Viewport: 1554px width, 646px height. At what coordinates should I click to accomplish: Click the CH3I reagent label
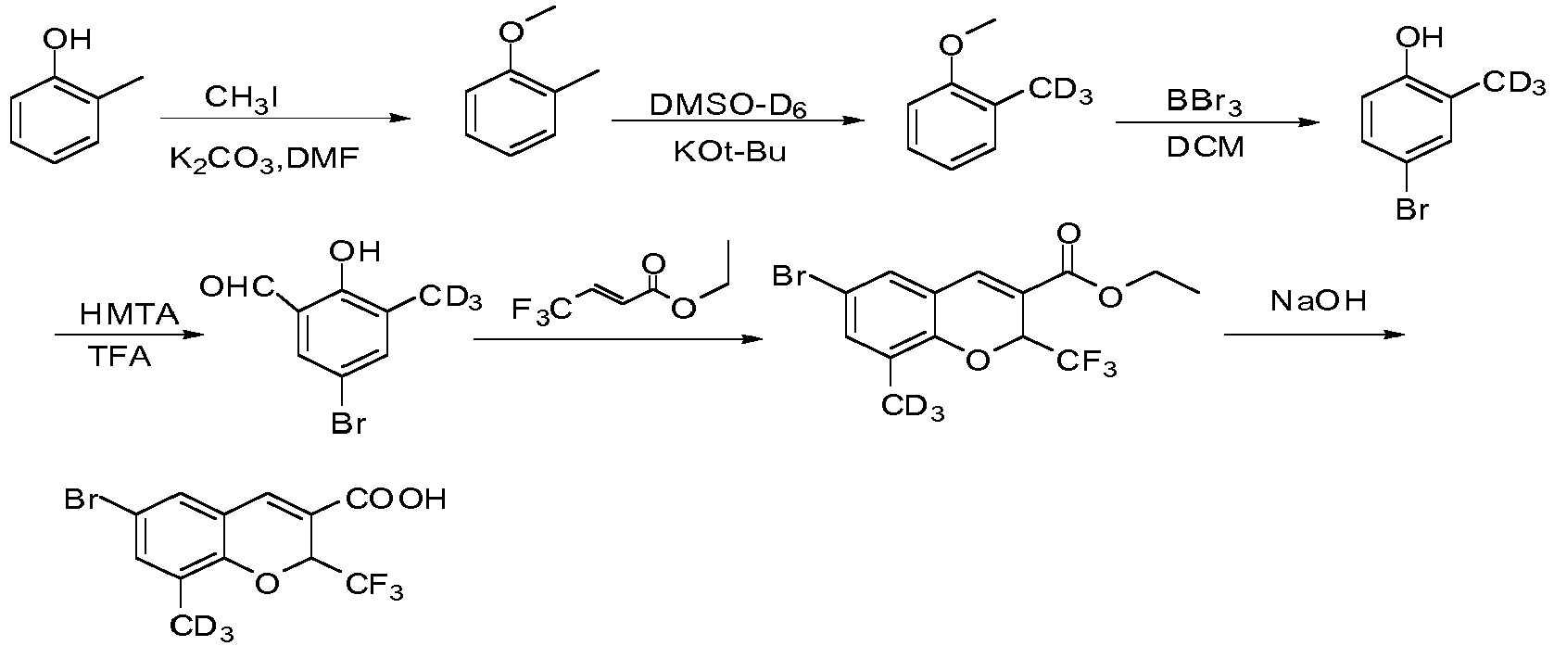coord(242,98)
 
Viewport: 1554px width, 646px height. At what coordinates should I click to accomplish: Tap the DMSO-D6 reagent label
coord(728,106)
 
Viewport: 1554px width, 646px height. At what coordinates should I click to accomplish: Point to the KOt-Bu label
coord(730,151)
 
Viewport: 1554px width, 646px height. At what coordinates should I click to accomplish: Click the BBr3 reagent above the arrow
coord(1205,102)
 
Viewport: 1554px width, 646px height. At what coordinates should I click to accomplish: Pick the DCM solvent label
coord(1206,147)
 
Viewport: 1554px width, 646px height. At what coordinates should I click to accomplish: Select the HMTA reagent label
coord(130,314)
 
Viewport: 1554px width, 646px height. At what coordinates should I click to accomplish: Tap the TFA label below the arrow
coord(120,357)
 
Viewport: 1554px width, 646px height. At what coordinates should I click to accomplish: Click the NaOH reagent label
coord(1318,301)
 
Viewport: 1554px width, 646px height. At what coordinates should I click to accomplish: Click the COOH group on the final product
coord(396,499)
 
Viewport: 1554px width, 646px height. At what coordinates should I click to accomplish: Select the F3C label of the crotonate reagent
coord(542,310)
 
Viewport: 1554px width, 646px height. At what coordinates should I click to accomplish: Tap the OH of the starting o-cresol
coord(68,39)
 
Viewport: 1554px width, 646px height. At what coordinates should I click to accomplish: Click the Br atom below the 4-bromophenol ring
coord(1412,209)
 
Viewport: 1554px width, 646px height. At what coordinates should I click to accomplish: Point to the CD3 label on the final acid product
coord(202,627)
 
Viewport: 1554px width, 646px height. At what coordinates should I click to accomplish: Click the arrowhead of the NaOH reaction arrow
coord(1395,335)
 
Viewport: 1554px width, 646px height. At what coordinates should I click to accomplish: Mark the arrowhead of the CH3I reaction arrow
coord(399,118)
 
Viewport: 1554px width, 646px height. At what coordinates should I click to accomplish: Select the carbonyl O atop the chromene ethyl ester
coord(1069,234)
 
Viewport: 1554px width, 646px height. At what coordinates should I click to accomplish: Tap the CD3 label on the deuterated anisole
coord(1061,91)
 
